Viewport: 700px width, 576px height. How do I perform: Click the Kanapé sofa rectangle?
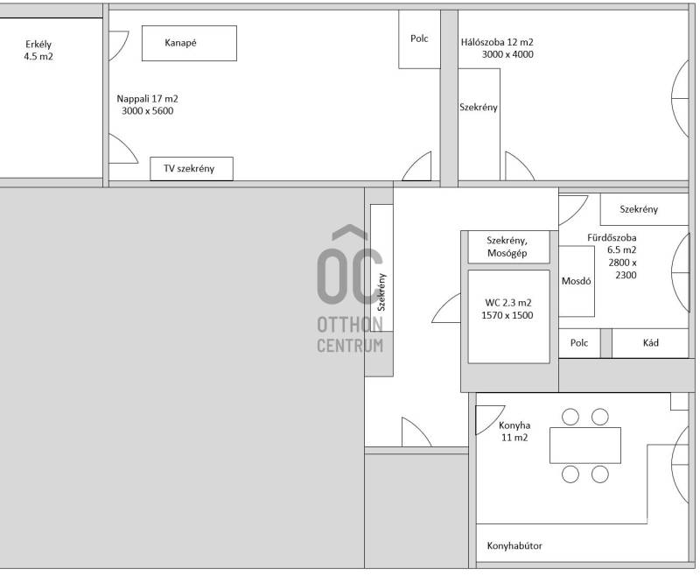(189, 43)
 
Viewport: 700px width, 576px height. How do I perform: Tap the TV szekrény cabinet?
(192, 169)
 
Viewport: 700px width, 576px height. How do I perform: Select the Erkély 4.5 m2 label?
(38, 50)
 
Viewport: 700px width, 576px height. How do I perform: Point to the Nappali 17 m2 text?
(147, 99)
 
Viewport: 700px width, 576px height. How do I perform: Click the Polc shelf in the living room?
(420, 39)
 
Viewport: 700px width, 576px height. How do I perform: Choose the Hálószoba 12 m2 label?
(497, 42)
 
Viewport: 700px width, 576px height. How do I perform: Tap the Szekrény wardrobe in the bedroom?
(479, 124)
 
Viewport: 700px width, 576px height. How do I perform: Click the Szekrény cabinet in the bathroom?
(644, 209)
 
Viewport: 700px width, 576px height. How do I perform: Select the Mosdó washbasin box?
(577, 281)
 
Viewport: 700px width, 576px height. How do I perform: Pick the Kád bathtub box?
(650, 343)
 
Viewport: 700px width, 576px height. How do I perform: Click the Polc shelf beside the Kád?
(579, 343)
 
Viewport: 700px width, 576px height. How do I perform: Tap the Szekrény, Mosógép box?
(508, 247)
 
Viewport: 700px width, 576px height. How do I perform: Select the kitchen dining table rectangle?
(585, 446)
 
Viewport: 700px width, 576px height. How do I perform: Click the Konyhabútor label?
(514, 545)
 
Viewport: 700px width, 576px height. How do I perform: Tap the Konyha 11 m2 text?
(514, 432)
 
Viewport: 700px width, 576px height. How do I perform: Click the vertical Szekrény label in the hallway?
(381, 292)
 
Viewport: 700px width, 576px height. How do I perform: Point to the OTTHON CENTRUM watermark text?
(350, 335)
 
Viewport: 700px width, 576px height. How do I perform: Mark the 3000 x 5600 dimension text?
(147, 111)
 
